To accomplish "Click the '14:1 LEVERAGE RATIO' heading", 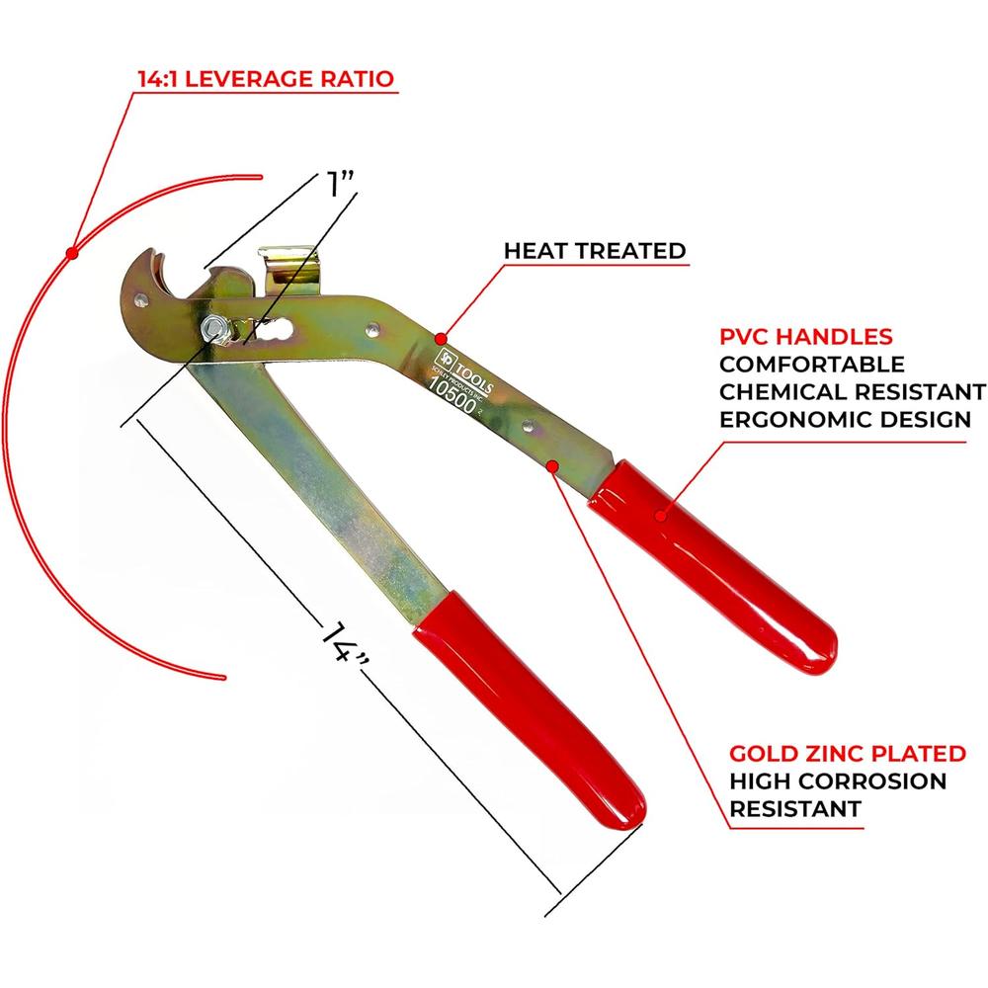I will [266, 76].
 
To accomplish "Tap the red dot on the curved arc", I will [72, 255].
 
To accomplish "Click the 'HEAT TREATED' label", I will [595, 250].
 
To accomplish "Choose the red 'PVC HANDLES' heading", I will [806, 336].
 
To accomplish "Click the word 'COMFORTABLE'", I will [811, 365].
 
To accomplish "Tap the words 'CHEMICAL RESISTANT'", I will [852, 392].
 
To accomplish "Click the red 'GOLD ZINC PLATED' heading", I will [848, 754].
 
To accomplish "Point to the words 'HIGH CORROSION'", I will [838, 782].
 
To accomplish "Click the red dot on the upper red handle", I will [664, 511].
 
